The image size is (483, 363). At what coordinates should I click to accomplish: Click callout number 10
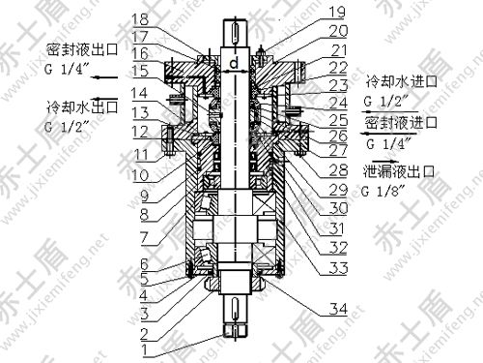143,262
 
